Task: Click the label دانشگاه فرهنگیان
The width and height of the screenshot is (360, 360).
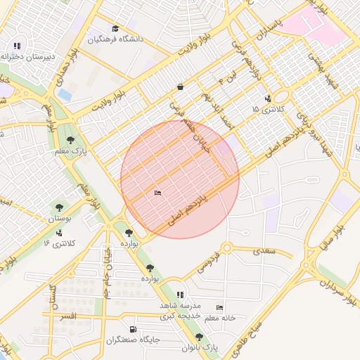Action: pos(115,39)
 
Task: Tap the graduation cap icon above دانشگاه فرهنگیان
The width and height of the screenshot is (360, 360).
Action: pos(115,29)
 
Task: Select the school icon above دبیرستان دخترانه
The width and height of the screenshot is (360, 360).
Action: pos(18,46)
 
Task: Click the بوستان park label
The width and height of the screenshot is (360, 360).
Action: pos(59,219)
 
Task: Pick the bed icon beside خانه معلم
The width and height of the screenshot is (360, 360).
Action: pos(220,308)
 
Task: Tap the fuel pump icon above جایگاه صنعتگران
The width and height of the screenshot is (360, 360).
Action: pos(133,329)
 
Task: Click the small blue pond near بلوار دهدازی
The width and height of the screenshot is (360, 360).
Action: pos(65,94)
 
